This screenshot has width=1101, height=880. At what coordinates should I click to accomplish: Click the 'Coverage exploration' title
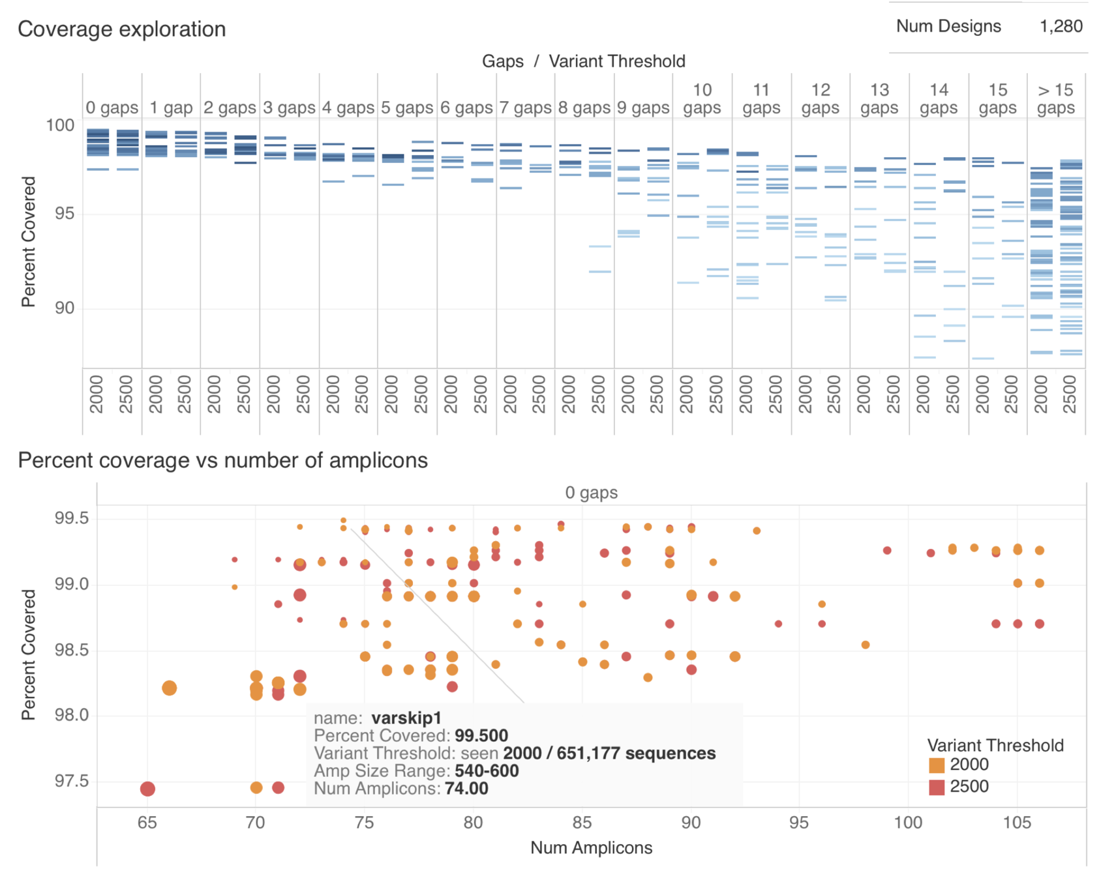click(121, 29)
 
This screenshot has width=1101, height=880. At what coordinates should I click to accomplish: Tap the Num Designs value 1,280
click(1061, 26)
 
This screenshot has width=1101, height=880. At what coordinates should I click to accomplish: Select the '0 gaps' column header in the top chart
click(112, 108)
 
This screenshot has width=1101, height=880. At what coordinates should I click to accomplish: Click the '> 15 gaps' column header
click(1055, 99)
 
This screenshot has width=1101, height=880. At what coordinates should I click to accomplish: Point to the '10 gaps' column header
click(702, 99)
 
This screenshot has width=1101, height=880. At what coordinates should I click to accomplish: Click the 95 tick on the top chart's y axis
click(65, 214)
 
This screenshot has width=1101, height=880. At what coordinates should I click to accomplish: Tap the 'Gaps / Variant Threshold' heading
click(583, 61)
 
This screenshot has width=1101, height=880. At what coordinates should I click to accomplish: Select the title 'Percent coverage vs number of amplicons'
click(222, 460)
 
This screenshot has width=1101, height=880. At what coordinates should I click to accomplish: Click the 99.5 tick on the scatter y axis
click(71, 518)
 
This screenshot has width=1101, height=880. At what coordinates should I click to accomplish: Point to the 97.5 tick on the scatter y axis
click(71, 781)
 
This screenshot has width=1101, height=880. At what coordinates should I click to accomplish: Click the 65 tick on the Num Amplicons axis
click(147, 823)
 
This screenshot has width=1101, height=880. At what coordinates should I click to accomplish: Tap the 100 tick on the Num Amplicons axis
click(908, 823)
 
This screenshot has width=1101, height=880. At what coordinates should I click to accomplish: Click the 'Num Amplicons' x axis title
click(591, 847)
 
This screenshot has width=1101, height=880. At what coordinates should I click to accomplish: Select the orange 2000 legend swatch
click(937, 765)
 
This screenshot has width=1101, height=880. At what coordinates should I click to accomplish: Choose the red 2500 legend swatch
click(937, 787)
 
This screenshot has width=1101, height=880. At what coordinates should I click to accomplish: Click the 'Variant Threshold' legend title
click(995, 745)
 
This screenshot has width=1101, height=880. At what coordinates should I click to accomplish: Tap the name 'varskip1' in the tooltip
click(406, 718)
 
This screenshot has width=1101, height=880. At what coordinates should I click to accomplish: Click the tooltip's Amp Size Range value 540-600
click(487, 771)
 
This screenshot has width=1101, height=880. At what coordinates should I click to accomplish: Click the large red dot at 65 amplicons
click(147, 789)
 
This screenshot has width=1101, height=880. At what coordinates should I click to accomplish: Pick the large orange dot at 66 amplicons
click(170, 688)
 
